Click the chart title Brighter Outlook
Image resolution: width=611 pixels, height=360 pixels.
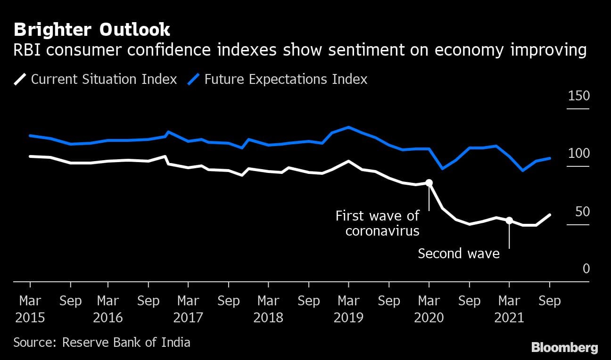pos(92,30)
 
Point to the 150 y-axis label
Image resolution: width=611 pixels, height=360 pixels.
pos(579,96)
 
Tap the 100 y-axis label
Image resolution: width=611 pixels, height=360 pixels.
pos(579,154)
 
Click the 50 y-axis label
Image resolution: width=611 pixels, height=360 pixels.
pos(583,212)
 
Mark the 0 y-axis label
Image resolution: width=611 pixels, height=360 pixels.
pos(586,269)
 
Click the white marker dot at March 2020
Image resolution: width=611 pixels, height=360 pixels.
pos(429,183)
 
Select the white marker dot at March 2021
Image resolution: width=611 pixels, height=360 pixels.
pos(509,221)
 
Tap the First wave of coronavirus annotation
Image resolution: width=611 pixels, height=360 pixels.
pos(377,223)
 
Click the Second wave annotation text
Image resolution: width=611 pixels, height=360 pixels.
pos(458,254)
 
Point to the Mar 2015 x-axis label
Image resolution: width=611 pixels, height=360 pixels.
pos(30,309)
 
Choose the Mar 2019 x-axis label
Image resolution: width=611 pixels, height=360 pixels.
pos(348,309)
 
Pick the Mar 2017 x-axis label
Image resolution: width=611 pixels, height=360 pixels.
pos(188,309)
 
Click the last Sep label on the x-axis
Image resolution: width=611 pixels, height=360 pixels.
pos(549,301)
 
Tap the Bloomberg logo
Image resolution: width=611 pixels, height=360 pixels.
pos(564,348)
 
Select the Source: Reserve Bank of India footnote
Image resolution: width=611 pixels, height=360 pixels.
pos(102,342)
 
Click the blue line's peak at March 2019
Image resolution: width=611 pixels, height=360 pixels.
pos(348,127)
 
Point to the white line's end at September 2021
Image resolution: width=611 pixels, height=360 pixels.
pos(549,215)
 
